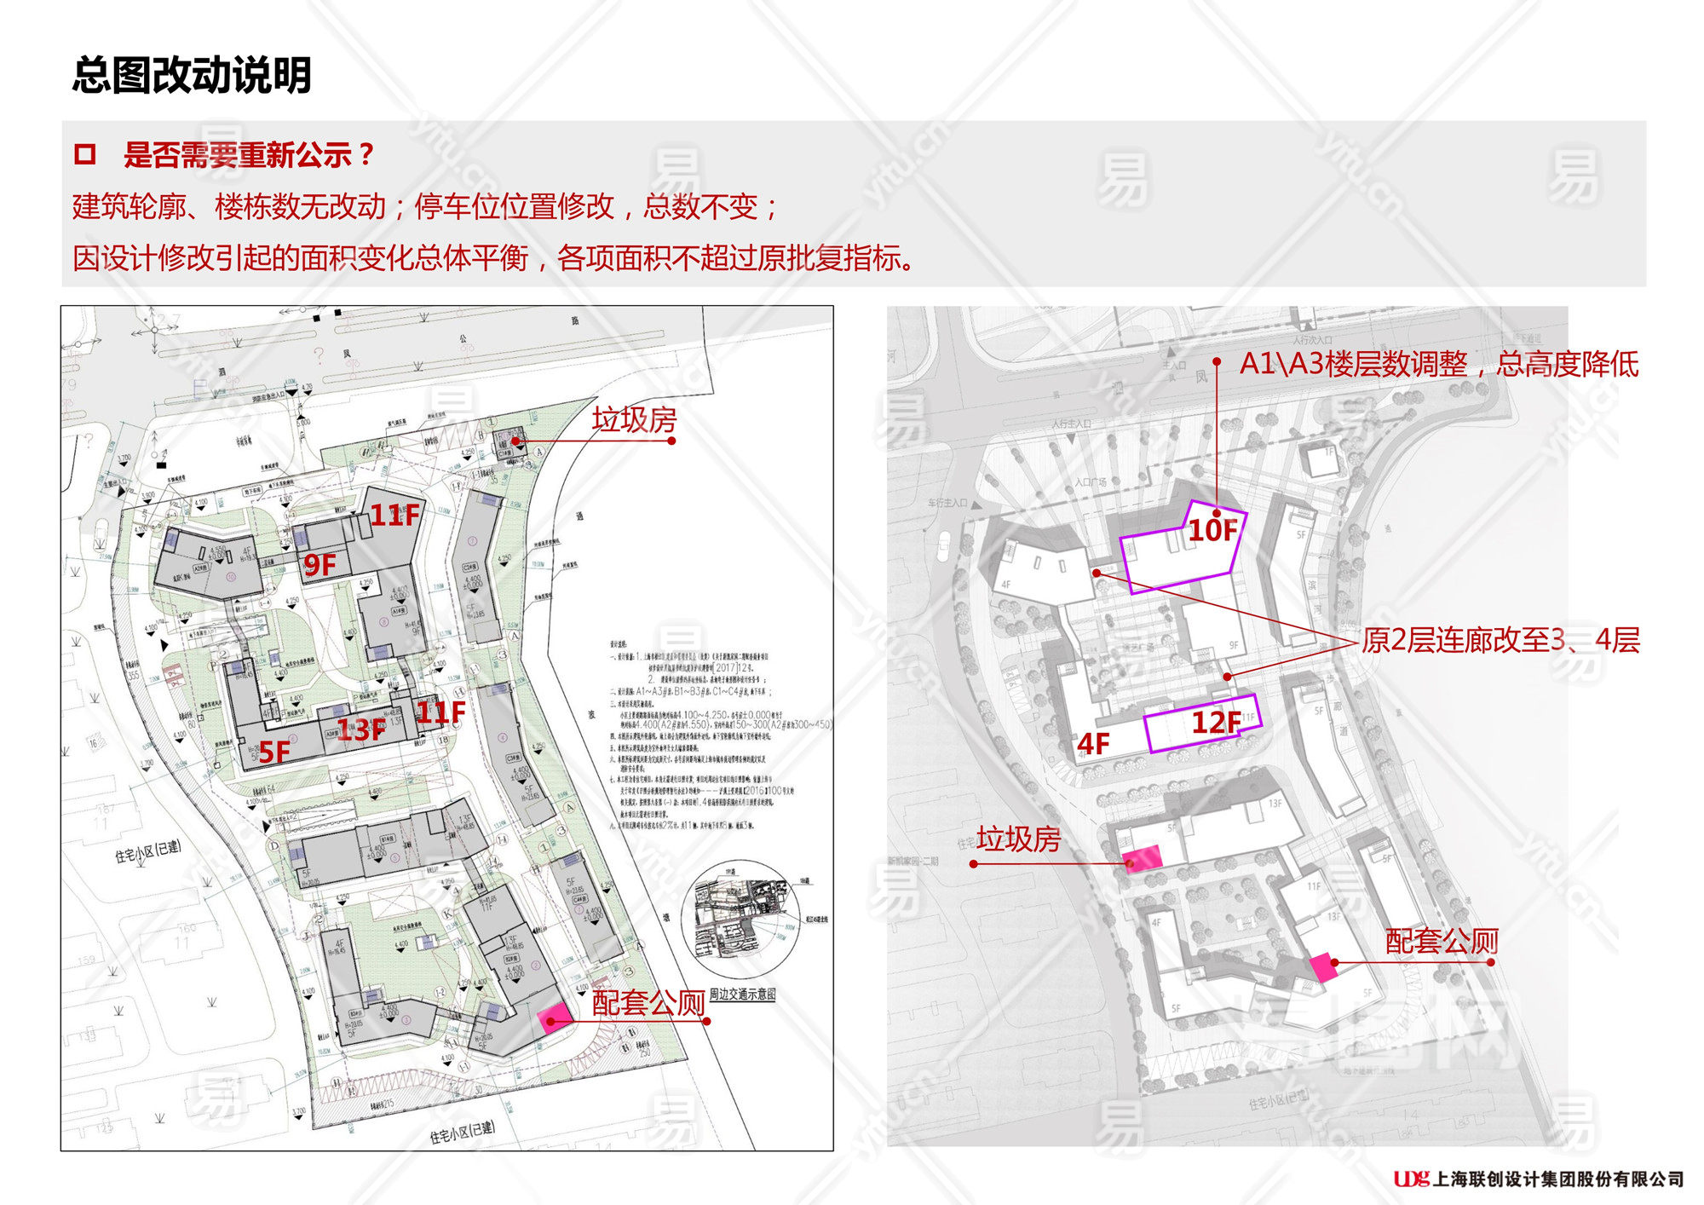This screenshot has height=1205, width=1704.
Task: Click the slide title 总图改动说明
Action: pos(192,75)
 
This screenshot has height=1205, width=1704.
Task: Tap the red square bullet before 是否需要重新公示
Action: pos(85,154)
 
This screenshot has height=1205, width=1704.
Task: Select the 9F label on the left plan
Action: pos(320,564)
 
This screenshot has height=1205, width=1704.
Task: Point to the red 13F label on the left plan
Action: pos(361,729)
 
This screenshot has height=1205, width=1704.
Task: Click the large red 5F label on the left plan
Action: pos(274,752)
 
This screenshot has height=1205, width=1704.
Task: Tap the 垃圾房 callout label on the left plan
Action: pos(634,420)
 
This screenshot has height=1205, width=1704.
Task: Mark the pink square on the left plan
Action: pos(554,1017)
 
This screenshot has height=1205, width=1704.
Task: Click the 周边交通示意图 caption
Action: pos(742,995)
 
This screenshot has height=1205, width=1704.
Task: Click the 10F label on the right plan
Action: pos(1212,531)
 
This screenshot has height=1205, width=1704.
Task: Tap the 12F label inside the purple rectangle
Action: pos(1216,723)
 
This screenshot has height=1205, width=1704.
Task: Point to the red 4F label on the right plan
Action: pos(1093,744)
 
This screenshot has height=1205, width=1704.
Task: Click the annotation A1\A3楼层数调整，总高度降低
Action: pos(1438,364)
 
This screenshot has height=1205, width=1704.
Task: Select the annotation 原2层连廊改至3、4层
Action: pos(1500,640)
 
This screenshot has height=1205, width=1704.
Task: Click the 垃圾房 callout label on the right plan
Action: pos(1018,839)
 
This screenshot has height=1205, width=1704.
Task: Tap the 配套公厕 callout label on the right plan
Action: pos(1442,941)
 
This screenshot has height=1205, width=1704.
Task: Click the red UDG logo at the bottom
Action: pos(1411,1179)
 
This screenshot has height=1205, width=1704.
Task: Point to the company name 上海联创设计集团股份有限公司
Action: pos(1558,1179)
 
